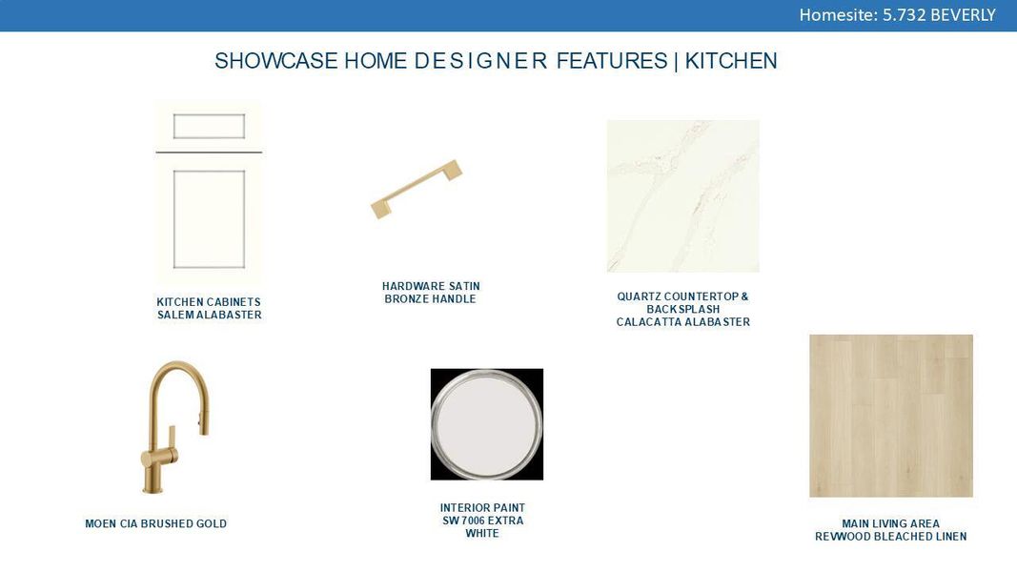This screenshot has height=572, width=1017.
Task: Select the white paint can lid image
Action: pos(486,424)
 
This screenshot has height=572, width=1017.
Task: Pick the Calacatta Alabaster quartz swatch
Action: pos(682,195)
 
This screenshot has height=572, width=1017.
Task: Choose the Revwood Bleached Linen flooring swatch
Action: pos(891,416)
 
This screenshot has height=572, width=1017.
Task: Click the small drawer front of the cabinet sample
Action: pos(209,126)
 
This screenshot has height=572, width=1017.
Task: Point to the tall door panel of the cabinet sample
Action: pos(209,218)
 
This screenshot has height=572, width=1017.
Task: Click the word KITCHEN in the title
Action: pos(731,61)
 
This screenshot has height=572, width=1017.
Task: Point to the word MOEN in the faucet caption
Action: pos(101,523)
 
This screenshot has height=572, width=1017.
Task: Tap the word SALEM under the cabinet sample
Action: pos(175,315)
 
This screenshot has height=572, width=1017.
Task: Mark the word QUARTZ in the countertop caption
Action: pos(639,296)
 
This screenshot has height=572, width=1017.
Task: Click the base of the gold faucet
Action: pos(153,488)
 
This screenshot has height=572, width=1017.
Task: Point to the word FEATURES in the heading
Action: pos(612,61)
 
